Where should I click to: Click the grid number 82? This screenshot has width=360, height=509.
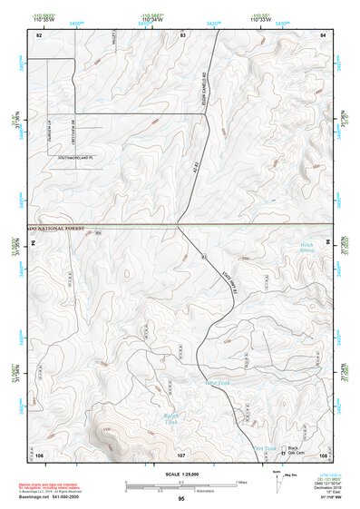pos(39,34)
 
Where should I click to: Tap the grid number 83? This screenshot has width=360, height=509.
pos(182,34)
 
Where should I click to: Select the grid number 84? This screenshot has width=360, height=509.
pos(323,34)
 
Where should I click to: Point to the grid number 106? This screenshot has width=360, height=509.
pos(39,453)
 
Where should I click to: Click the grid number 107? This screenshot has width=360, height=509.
pos(181,453)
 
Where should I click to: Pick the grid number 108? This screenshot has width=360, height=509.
pos(323,453)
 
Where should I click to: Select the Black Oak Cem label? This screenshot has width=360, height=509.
pos(293,450)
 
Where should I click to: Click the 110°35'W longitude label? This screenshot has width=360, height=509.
pos(39,21)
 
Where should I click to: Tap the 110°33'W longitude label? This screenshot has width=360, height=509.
pos(261,21)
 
